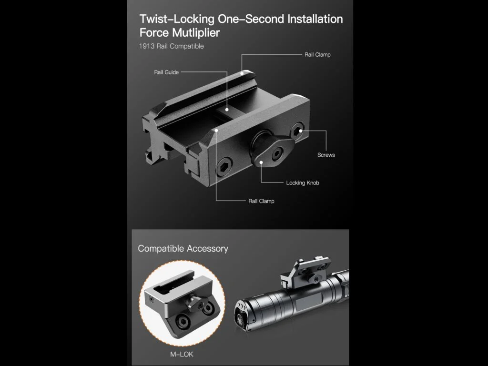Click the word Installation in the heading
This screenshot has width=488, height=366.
[x=315, y=19]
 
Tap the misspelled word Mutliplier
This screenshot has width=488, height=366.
[x=196, y=33]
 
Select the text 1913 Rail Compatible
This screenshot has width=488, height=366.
[x=171, y=46]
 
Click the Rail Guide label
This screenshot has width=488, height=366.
[x=166, y=72]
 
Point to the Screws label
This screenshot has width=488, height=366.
[x=326, y=155]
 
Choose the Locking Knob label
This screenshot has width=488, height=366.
[x=303, y=183]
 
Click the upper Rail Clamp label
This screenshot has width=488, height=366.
[x=317, y=55]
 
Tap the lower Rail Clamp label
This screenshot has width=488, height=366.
[x=262, y=201]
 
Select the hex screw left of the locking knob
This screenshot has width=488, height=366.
[x=224, y=167]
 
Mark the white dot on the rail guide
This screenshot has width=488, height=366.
[x=227, y=110]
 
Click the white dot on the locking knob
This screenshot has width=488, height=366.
[x=262, y=162]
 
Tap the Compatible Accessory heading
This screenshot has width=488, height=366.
[x=183, y=249]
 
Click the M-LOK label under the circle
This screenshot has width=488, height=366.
[x=182, y=354]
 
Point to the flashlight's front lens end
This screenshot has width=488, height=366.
[x=242, y=315]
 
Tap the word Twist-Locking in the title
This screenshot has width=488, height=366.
[x=177, y=19]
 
